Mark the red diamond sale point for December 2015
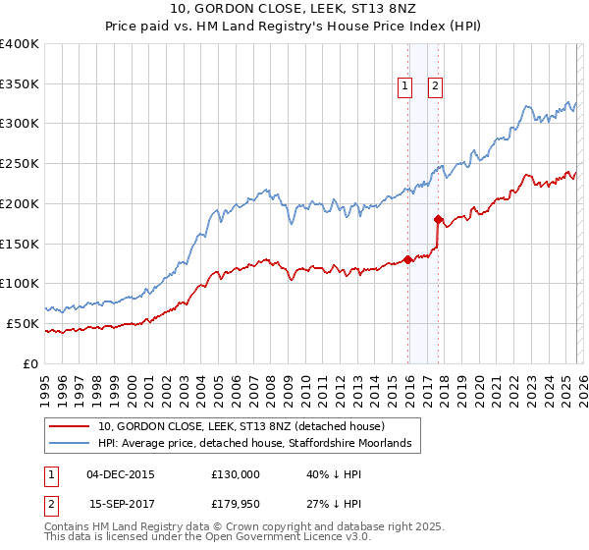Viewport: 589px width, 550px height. point(407,260)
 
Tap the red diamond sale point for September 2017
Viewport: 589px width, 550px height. point(438,220)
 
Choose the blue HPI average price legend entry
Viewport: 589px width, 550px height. point(259,444)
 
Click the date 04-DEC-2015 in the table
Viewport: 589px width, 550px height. point(121,474)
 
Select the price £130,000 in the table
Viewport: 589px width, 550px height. point(236,474)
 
